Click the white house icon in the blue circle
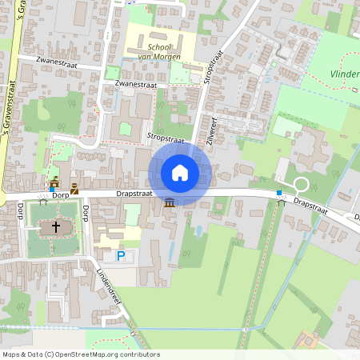pos(180,172)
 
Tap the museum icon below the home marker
pos(170,203)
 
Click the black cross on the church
pos(56,228)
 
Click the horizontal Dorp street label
pos(61,195)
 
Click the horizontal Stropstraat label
pos(166,138)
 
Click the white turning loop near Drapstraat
pos(301,184)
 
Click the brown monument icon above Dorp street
pos(74,187)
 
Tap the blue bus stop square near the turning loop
pos(279,193)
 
